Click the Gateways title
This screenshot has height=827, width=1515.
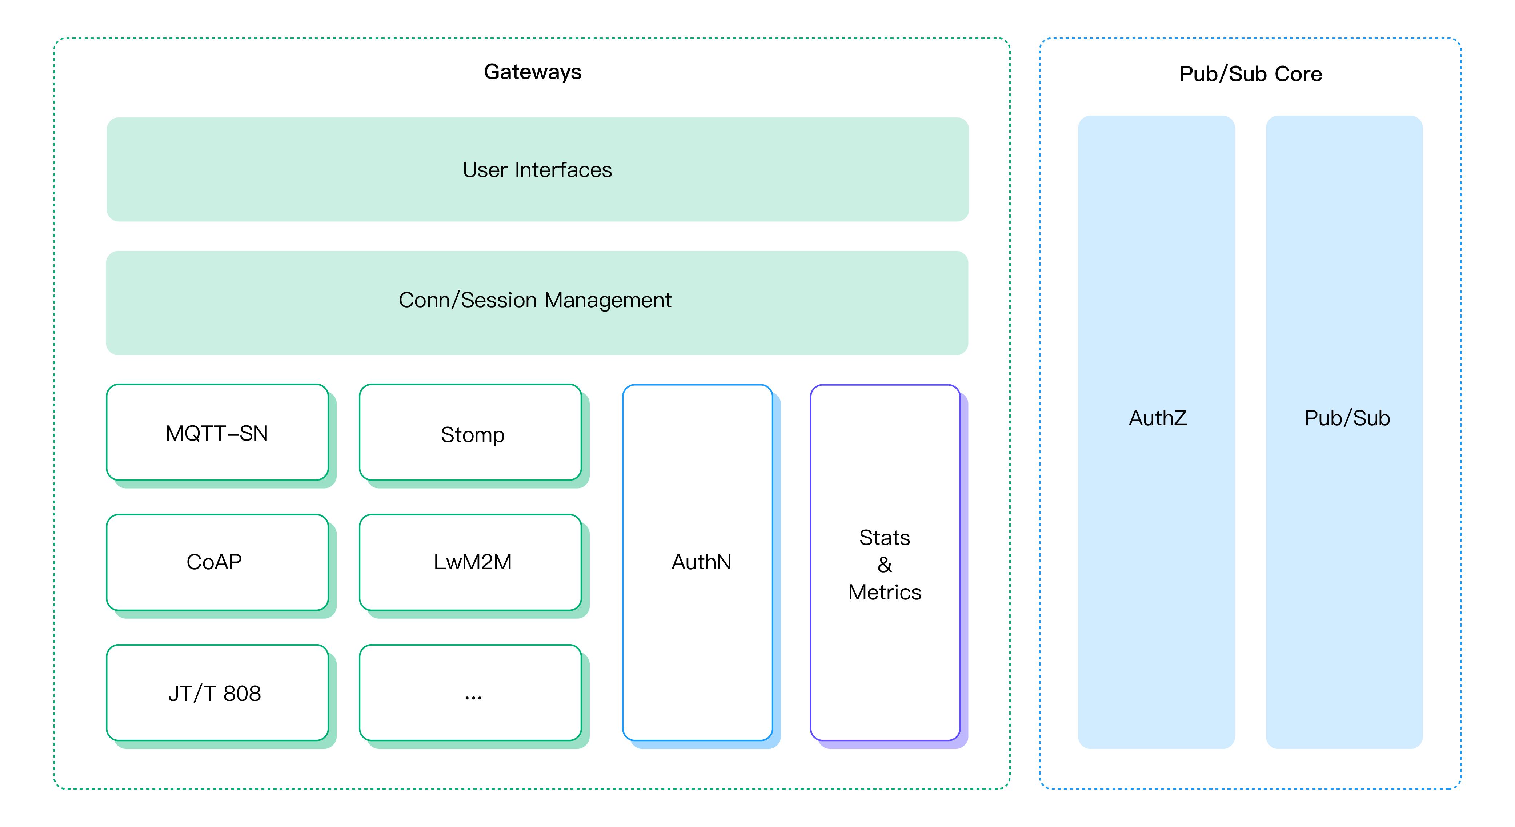tap(532, 72)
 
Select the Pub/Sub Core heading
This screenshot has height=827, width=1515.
tap(1250, 74)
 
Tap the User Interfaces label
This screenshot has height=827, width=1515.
tap(537, 170)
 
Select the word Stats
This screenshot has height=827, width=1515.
tap(885, 538)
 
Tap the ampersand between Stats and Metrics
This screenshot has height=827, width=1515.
tap(885, 565)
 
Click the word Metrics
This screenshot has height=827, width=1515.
tap(885, 592)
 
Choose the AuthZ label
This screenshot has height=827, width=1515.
tap(1157, 418)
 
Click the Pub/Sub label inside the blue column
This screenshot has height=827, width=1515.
tap(1347, 418)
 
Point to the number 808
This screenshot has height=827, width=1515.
tap(242, 694)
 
